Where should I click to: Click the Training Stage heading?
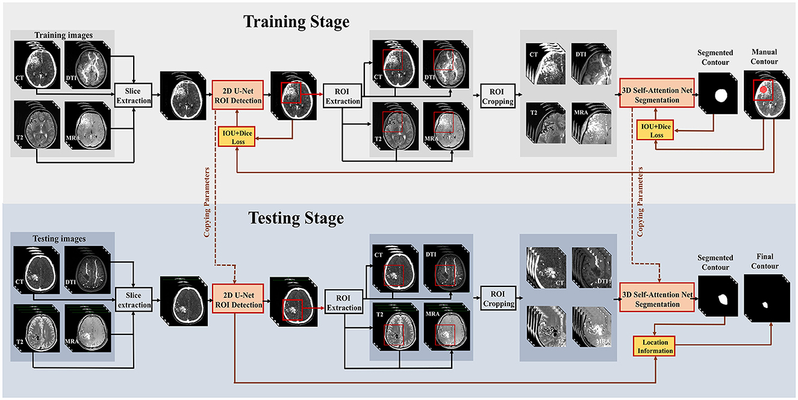click(x=296, y=22)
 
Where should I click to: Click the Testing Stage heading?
click(x=296, y=218)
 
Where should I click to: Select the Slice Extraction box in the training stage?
click(x=133, y=96)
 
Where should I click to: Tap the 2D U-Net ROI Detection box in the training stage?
click(x=238, y=95)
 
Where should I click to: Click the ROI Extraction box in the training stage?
click(x=343, y=96)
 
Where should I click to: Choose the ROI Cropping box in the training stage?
click(x=497, y=96)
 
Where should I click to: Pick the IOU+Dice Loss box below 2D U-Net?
click(x=238, y=136)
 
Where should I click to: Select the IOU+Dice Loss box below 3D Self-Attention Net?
click(x=655, y=129)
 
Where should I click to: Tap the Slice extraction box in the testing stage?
click(x=133, y=300)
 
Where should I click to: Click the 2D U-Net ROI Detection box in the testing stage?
click(x=238, y=299)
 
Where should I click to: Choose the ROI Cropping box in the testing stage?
click(x=497, y=299)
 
